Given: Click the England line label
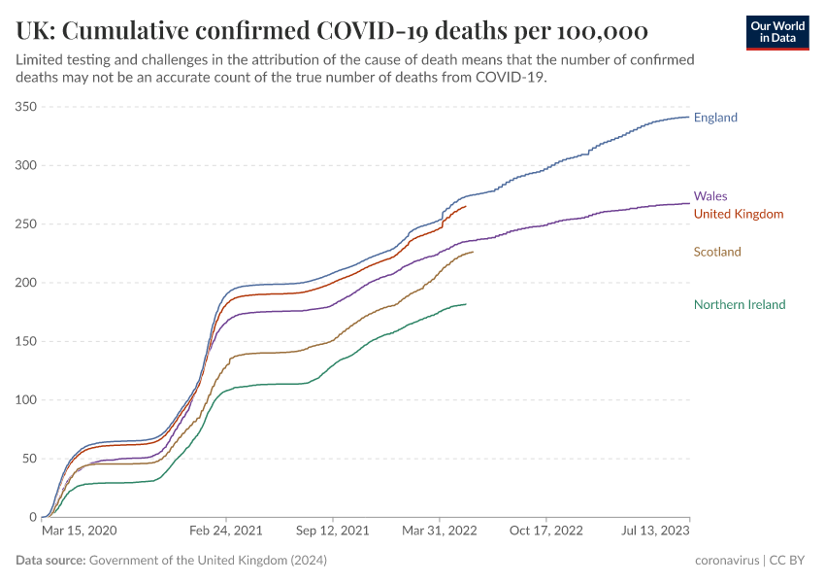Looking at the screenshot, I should (x=715, y=118).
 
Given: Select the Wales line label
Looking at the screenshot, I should (x=710, y=195).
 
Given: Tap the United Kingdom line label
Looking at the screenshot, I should (x=739, y=214).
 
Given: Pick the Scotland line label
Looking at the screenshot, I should (x=717, y=252).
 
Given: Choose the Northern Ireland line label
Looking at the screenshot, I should (x=740, y=304).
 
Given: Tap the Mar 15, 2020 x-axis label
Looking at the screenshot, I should (x=80, y=532).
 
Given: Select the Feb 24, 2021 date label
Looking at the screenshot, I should (x=225, y=532).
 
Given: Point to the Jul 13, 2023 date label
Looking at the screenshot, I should (x=655, y=532).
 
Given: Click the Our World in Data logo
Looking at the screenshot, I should (x=777, y=31).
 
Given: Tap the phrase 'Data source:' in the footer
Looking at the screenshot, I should (x=50, y=561).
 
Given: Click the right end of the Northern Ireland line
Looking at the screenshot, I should (x=466, y=304).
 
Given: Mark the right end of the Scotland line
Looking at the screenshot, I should (x=474, y=253).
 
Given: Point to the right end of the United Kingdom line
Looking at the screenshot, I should (x=466, y=206).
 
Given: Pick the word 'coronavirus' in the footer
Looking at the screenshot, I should (x=728, y=561).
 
